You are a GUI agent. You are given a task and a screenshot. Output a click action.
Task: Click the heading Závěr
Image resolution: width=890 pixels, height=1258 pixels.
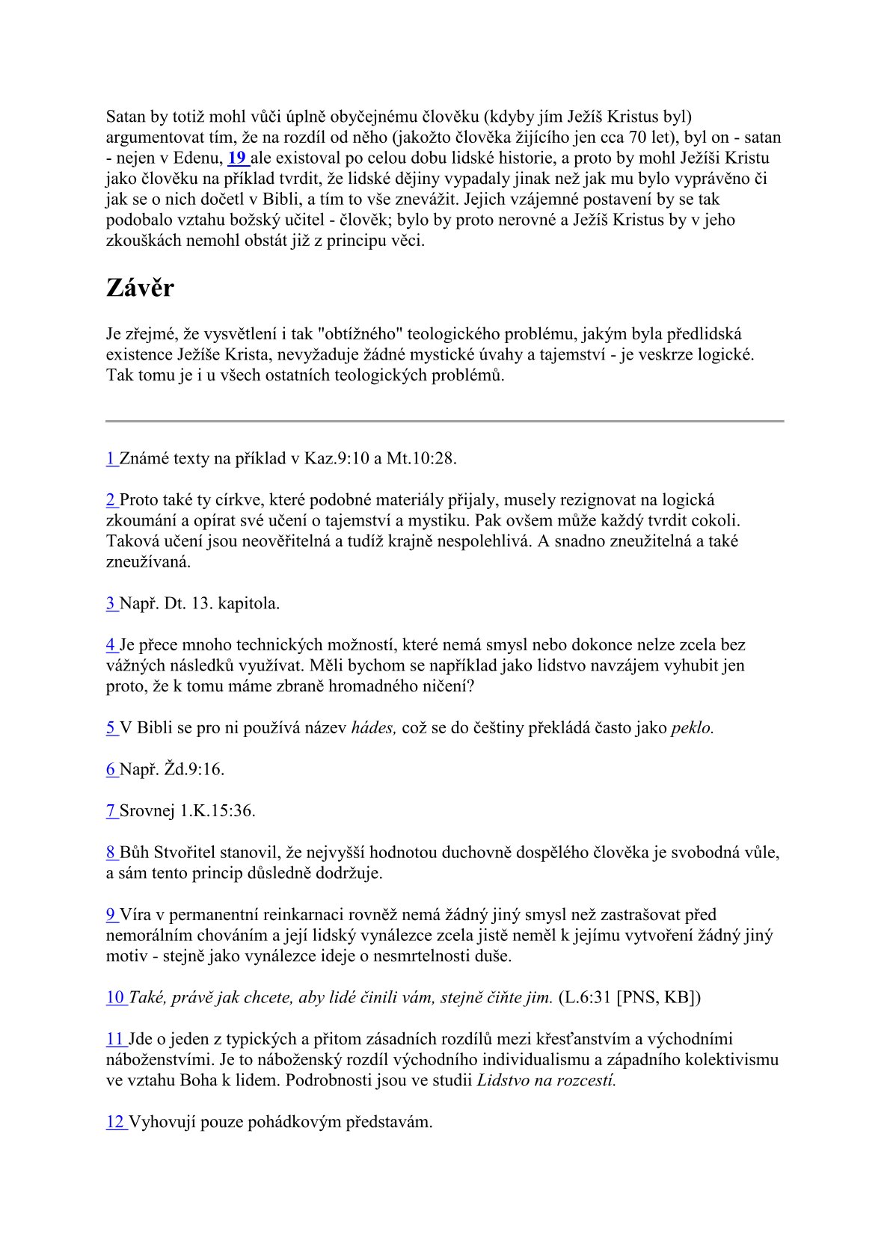140,289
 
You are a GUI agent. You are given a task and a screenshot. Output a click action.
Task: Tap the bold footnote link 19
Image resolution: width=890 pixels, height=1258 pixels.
237,158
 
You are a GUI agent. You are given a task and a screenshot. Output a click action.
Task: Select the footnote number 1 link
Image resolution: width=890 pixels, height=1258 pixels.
111,459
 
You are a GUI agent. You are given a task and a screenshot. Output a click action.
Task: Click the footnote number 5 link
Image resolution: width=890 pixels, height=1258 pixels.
111,728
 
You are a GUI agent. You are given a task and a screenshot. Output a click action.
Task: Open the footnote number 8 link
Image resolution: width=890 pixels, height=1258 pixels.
111,852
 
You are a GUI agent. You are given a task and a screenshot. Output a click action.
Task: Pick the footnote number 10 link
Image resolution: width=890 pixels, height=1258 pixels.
115,997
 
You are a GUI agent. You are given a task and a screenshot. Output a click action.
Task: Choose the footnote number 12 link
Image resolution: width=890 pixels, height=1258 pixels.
115,1122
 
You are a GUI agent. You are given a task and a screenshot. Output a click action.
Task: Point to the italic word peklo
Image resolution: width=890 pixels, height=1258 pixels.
693,728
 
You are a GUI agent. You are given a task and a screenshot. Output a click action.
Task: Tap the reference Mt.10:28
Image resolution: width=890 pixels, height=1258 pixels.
421,459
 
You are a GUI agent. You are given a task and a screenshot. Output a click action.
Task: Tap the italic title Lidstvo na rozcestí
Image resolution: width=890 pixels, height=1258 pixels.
547,1080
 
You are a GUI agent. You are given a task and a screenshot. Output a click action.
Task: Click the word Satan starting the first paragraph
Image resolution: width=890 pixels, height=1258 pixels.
126,117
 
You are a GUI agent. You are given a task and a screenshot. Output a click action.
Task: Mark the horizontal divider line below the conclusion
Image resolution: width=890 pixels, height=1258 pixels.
445,422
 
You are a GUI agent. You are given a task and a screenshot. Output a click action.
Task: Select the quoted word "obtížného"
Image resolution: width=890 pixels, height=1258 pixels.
360,334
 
